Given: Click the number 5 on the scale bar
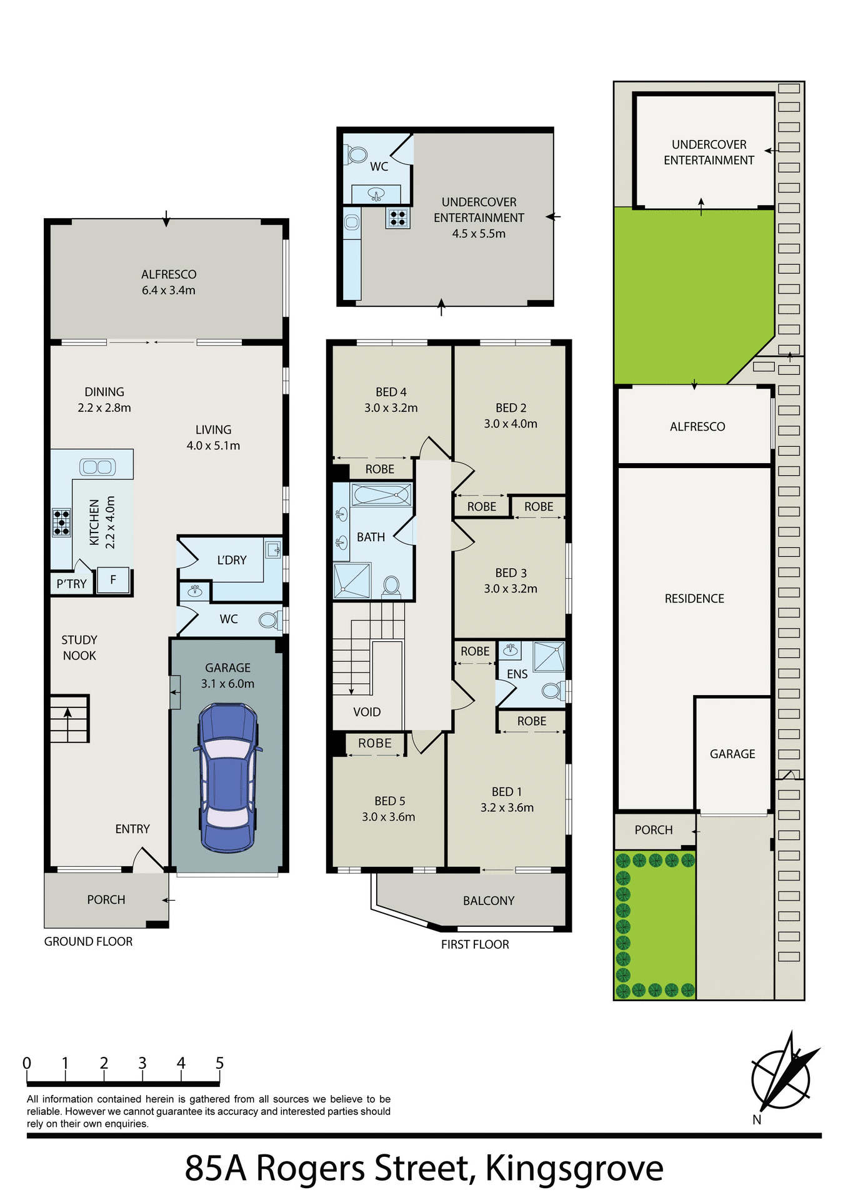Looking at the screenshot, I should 219,1063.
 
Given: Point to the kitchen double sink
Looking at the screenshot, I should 97,466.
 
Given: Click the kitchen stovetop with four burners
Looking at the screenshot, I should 61,522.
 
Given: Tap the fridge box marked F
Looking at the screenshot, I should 113,580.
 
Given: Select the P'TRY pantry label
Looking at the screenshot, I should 71,584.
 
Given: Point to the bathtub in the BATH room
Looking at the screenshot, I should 381,495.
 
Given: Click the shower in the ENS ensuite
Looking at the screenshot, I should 549,656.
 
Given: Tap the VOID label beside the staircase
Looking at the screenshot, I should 367,712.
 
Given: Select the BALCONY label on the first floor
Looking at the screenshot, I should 489,901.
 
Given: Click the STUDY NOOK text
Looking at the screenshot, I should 79,647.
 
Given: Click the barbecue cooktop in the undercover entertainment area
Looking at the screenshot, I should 397,217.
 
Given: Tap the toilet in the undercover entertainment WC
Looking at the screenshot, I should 357,154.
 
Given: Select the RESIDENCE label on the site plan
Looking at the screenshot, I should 694,599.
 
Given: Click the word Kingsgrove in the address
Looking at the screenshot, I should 574,1167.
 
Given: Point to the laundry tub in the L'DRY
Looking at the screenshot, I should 273,550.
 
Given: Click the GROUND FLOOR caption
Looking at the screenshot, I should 88,941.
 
